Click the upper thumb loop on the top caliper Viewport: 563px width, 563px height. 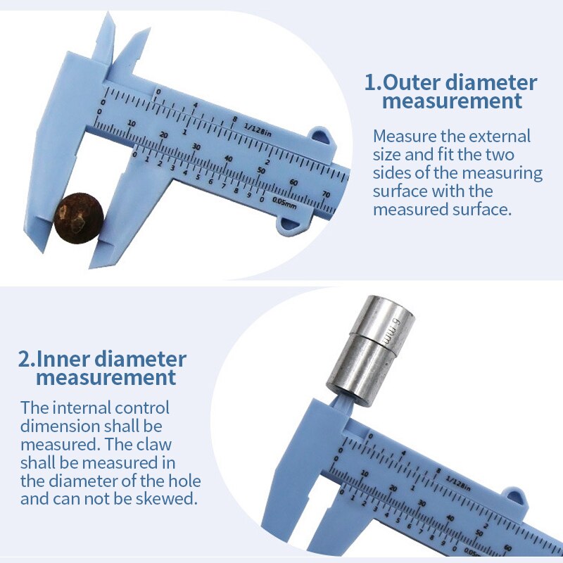point(320,134)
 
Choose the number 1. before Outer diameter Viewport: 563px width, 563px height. point(372,82)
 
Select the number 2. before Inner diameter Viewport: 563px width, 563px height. point(25,360)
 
